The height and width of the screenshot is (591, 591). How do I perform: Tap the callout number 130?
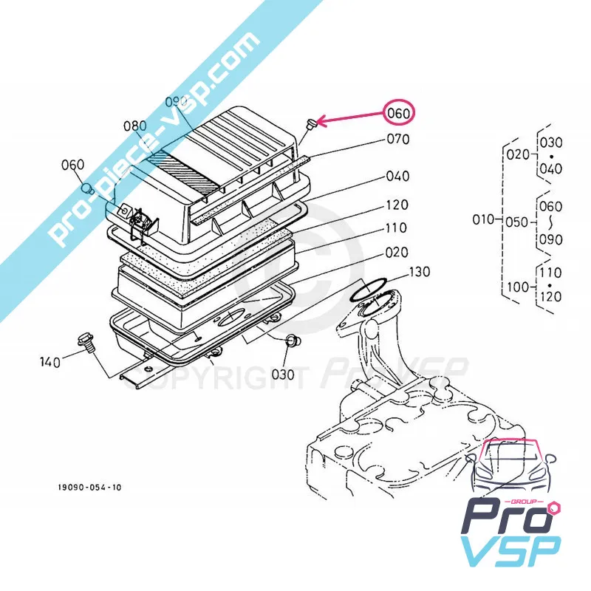(418, 272)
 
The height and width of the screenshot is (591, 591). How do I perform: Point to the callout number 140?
(49, 361)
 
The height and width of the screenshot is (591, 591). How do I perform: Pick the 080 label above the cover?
(135, 126)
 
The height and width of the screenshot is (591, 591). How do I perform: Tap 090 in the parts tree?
(550, 239)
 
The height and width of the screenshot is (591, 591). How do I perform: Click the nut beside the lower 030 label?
(291, 341)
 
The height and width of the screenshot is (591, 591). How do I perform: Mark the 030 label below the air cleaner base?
(282, 374)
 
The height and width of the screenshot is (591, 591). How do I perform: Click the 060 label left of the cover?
(73, 164)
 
